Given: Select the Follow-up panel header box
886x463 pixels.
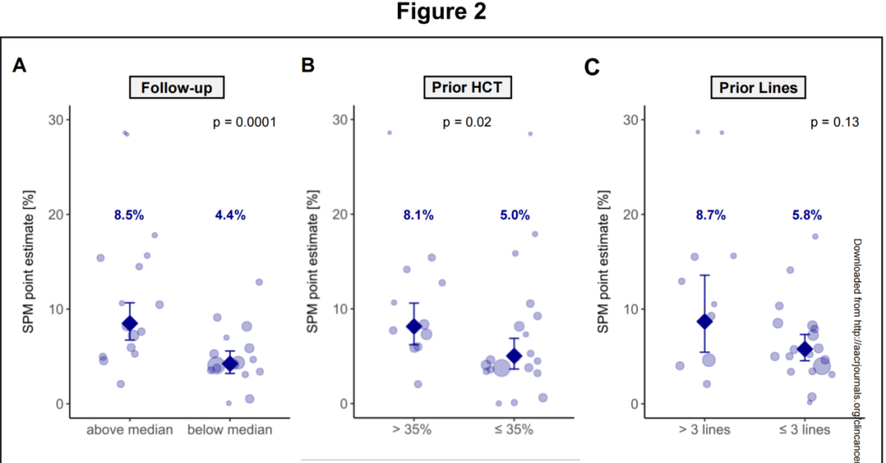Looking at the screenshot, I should point(176,87).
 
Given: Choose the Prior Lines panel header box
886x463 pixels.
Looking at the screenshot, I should point(753,87).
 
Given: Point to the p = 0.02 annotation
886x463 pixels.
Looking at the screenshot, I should point(467,122).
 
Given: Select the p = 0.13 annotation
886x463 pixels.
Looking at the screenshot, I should point(834,122).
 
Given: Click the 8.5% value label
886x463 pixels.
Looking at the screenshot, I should point(129,215).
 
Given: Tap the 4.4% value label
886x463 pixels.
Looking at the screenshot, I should point(231,215).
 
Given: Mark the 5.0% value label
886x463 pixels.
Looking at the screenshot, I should point(515,215).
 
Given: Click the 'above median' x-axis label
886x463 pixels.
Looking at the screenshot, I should point(129,429).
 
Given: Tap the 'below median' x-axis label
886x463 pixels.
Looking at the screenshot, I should point(231,429).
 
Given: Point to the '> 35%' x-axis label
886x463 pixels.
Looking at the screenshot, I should point(415,429).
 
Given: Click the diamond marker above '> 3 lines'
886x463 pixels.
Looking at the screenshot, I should point(704,321).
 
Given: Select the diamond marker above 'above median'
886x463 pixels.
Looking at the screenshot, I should point(130,323).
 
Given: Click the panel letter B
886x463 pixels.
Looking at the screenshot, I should point(308,65).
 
